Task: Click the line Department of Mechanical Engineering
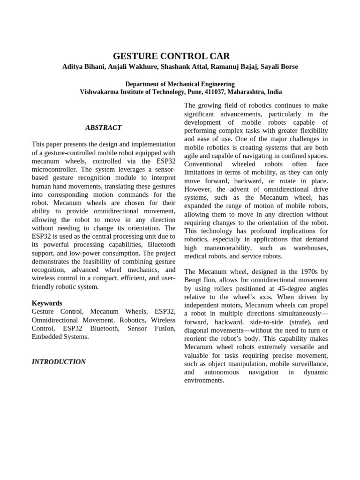click(x=180, y=84)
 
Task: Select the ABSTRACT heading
click(x=103, y=127)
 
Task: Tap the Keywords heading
click(x=47, y=303)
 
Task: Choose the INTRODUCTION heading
click(x=59, y=362)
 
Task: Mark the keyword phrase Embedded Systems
click(x=60, y=337)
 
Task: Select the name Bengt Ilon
click(x=199, y=280)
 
